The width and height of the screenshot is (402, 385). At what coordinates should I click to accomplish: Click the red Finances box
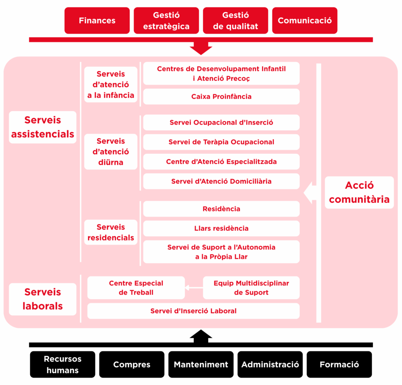coord(97,20)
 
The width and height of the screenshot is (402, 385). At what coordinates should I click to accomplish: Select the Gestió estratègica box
coord(166,20)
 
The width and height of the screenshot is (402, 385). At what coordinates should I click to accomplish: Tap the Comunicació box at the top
coord(305,20)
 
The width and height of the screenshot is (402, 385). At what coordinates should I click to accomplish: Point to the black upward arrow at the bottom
coord(201,336)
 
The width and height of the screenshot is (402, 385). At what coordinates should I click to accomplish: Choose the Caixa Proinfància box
coord(221,97)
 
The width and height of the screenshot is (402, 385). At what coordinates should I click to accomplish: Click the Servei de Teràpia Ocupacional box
coord(221,142)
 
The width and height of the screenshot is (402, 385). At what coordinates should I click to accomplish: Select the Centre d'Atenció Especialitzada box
coord(221,162)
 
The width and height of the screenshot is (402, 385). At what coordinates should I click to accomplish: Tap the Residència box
coord(221,209)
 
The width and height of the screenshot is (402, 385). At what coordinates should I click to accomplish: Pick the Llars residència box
coord(221,228)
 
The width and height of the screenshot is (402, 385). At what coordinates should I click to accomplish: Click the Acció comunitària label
coord(359,192)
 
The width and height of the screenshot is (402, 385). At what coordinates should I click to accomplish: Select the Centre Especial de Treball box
coord(136,288)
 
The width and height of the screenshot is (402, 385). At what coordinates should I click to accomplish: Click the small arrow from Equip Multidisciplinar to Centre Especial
coord(194,288)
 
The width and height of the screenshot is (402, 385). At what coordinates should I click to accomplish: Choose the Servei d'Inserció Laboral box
coord(193,311)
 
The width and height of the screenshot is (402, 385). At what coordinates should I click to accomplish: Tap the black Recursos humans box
coord(62,365)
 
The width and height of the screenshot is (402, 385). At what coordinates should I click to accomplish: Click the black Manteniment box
coord(201,365)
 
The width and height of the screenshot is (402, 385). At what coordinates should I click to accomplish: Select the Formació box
coord(339,365)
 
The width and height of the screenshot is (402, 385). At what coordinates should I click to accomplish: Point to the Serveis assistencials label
coord(42,127)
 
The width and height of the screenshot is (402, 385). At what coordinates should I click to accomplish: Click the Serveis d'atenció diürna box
coord(111,151)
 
